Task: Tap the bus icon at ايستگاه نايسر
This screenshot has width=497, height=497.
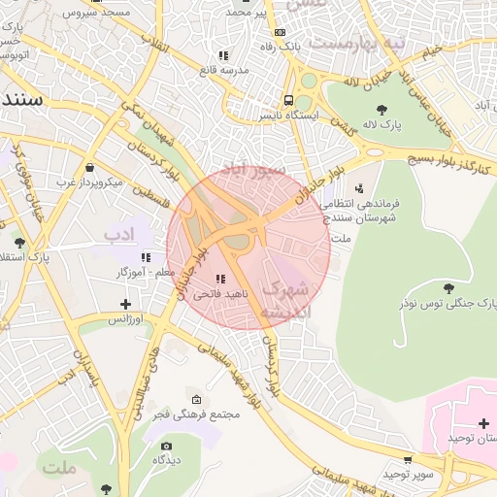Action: [x=288, y=100]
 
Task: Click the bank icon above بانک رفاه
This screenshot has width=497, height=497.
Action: [x=280, y=32]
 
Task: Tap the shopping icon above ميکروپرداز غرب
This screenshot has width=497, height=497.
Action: [x=89, y=167]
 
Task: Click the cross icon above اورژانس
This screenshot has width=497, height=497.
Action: [x=125, y=304]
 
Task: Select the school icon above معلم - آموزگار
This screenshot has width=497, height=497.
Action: [x=146, y=257]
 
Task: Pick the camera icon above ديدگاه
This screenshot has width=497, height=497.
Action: [x=166, y=447]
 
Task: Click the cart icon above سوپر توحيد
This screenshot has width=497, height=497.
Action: [x=408, y=459]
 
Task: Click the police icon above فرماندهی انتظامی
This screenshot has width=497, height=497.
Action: [x=360, y=188]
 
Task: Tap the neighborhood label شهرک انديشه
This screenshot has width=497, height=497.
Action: [x=287, y=299]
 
